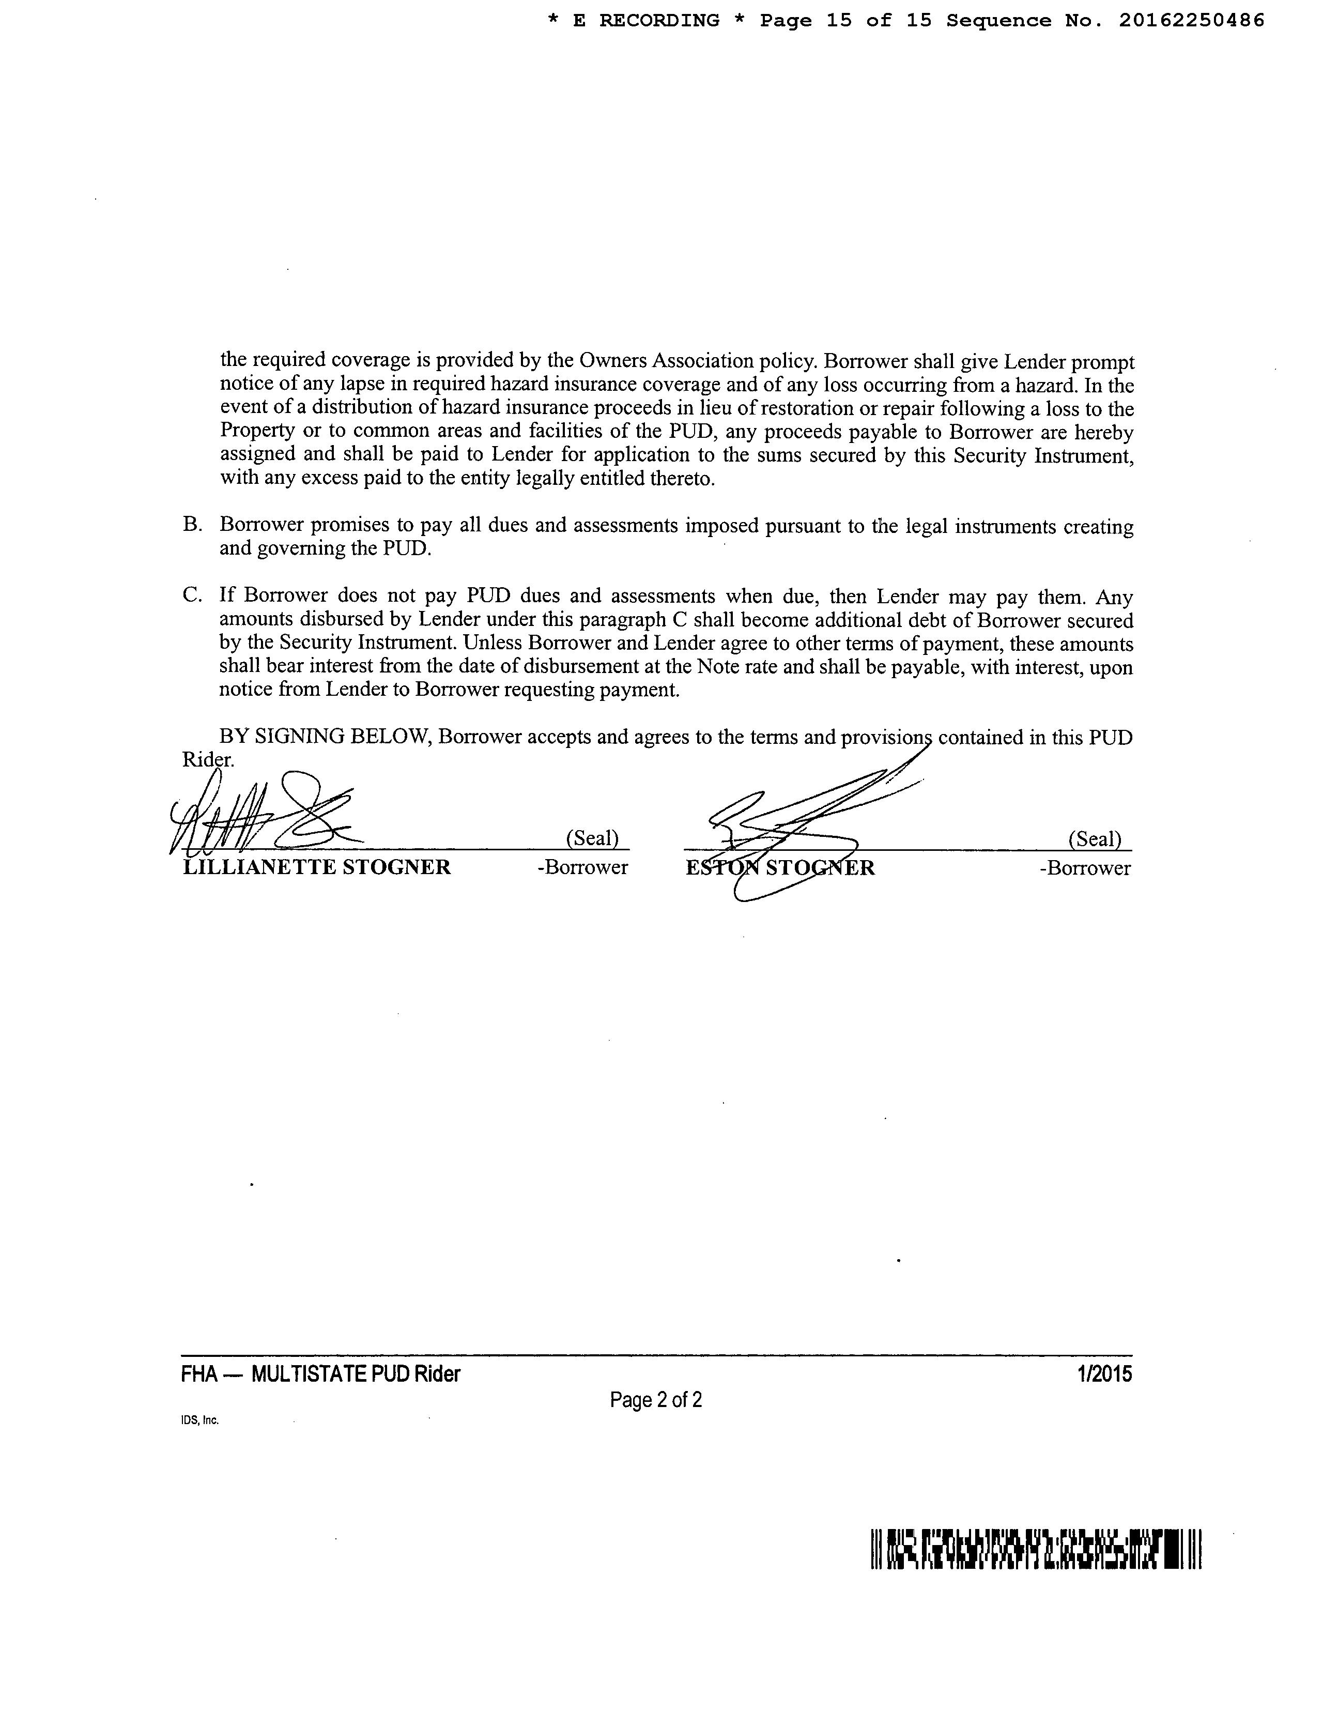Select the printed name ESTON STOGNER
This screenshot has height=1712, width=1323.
(x=780, y=868)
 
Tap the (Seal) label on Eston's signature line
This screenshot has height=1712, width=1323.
(x=1095, y=839)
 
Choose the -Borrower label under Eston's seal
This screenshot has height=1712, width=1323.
(x=1085, y=868)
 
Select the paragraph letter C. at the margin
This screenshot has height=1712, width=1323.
(x=193, y=596)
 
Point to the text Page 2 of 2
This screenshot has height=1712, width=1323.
(x=656, y=1399)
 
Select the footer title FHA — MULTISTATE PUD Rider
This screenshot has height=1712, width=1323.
(x=320, y=1374)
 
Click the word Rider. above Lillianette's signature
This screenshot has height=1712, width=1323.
(x=208, y=759)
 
